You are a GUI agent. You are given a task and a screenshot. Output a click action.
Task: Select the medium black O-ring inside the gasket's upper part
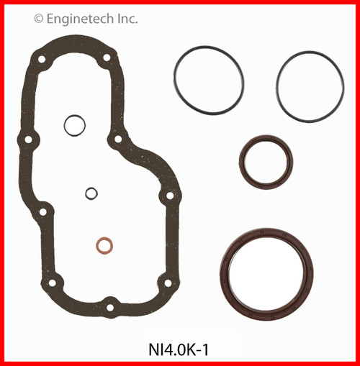(74, 125)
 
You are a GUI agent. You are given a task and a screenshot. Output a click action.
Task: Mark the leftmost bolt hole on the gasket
(28, 139)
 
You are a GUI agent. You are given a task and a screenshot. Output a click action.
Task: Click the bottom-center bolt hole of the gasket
(109, 307)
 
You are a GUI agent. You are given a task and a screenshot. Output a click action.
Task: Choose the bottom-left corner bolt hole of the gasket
(51, 283)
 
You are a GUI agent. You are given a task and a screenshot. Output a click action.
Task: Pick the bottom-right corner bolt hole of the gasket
(167, 283)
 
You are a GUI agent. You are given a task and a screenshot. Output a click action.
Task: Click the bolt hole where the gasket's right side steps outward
(117, 139)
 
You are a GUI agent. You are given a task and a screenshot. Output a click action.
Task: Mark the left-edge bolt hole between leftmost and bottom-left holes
(42, 212)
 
